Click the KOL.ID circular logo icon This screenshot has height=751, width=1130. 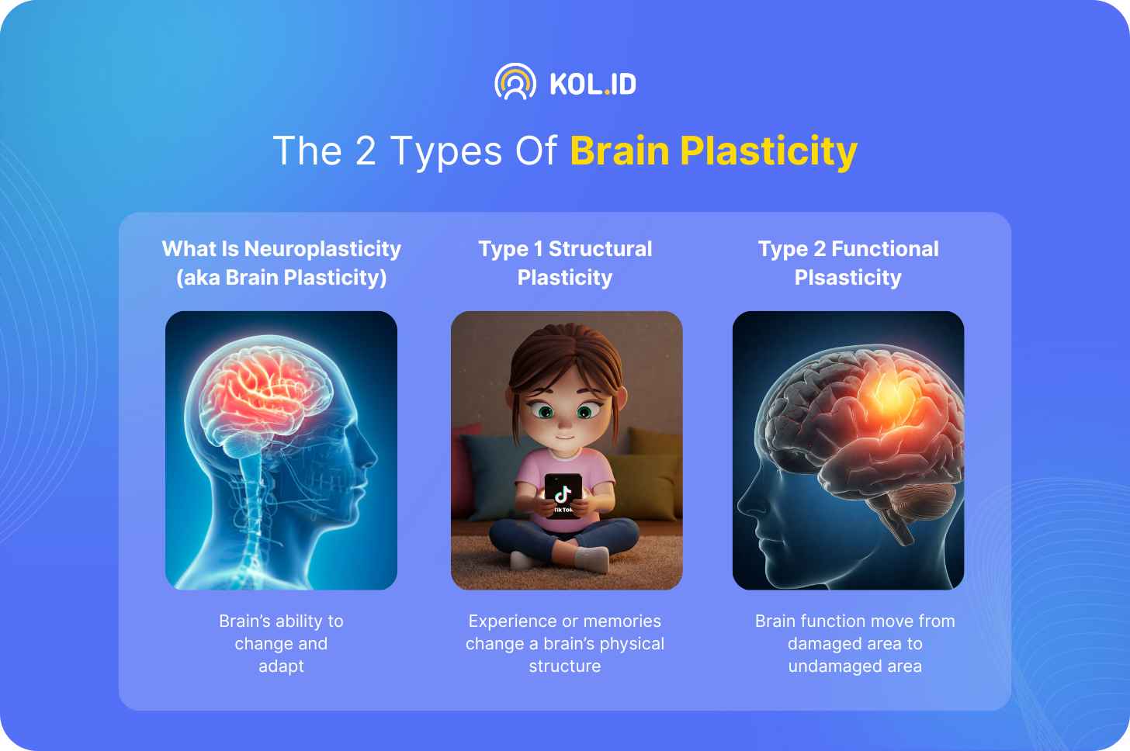point(515,81)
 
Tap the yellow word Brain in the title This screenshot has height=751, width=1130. point(619,151)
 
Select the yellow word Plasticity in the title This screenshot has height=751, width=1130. point(768,152)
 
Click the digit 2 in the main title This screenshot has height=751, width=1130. point(366,151)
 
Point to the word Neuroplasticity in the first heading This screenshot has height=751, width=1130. point(323,248)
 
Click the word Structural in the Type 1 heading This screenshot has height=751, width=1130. point(601,248)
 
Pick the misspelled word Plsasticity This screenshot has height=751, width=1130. point(848,278)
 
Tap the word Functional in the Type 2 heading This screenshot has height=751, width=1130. point(885,248)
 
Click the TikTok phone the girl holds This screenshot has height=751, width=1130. point(563,494)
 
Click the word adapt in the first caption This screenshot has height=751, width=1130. point(281,666)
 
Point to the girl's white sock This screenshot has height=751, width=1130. point(591,559)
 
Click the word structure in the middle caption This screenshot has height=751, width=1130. point(565,666)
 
